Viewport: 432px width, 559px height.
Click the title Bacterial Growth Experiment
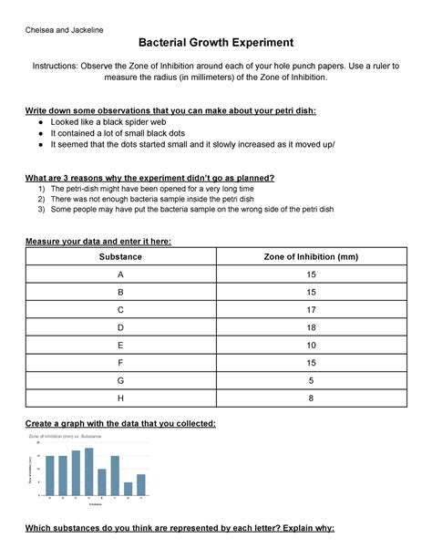tap(215, 42)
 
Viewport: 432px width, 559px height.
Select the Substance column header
tap(119, 258)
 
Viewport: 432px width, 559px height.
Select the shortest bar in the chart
tap(128, 488)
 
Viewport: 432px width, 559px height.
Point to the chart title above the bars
tap(67, 437)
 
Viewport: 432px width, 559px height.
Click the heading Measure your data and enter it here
tap(99, 240)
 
